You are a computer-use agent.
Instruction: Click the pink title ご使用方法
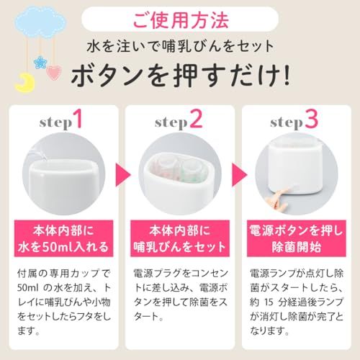(x=181, y=19)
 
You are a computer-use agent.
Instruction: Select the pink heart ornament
(x=53, y=73)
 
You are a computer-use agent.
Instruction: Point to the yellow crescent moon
(x=25, y=83)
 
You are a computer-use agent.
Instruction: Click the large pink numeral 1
(x=78, y=119)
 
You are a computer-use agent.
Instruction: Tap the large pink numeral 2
(x=197, y=119)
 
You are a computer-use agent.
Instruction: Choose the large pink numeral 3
(x=311, y=119)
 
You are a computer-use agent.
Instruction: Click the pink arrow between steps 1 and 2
(x=122, y=175)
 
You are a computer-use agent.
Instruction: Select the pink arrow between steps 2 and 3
(x=239, y=175)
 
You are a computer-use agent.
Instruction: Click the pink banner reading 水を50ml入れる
(x=63, y=238)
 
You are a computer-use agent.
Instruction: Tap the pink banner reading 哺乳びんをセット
(x=180, y=238)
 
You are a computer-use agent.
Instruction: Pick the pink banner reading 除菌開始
(x=297, y=238)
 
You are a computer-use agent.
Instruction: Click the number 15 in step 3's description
(x=269, y=302)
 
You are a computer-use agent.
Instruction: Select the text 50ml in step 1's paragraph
(x=28, y=288)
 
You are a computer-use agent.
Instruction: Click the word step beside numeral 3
(x=287, y=123)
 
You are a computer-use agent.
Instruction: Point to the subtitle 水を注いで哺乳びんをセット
(x=180, y=46)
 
